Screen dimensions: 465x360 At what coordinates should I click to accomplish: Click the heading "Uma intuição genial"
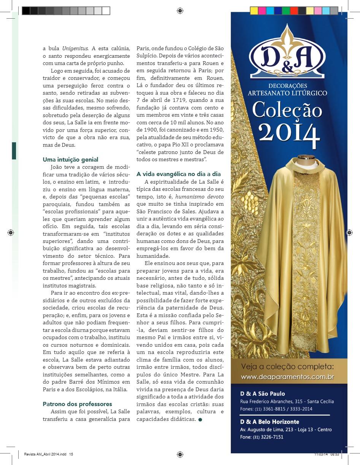click(x=70, y=160)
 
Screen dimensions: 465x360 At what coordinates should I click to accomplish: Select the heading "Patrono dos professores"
click(x=77, y=404)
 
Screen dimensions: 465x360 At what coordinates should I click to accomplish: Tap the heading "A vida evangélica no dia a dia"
click(x=179, y=174)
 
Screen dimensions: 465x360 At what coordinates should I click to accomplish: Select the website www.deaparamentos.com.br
click(x=288, y=377)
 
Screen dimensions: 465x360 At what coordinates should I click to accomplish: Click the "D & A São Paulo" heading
click(x=262, y=394)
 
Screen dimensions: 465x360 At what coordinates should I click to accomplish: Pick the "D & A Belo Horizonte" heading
click(x=270, y=422)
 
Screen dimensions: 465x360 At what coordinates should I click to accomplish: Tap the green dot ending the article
click(x=200, y=419)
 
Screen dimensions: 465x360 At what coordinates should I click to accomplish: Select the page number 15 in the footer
click(x=71, y=454)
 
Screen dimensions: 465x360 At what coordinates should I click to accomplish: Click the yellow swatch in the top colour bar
click(x=254, y=11)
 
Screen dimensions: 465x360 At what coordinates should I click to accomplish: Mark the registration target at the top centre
click(x=180, y=11)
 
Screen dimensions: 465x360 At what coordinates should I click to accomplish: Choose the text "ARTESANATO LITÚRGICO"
click(x=287, y=93)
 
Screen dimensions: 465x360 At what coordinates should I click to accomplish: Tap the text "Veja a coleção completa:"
click(x=288, y=367)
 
